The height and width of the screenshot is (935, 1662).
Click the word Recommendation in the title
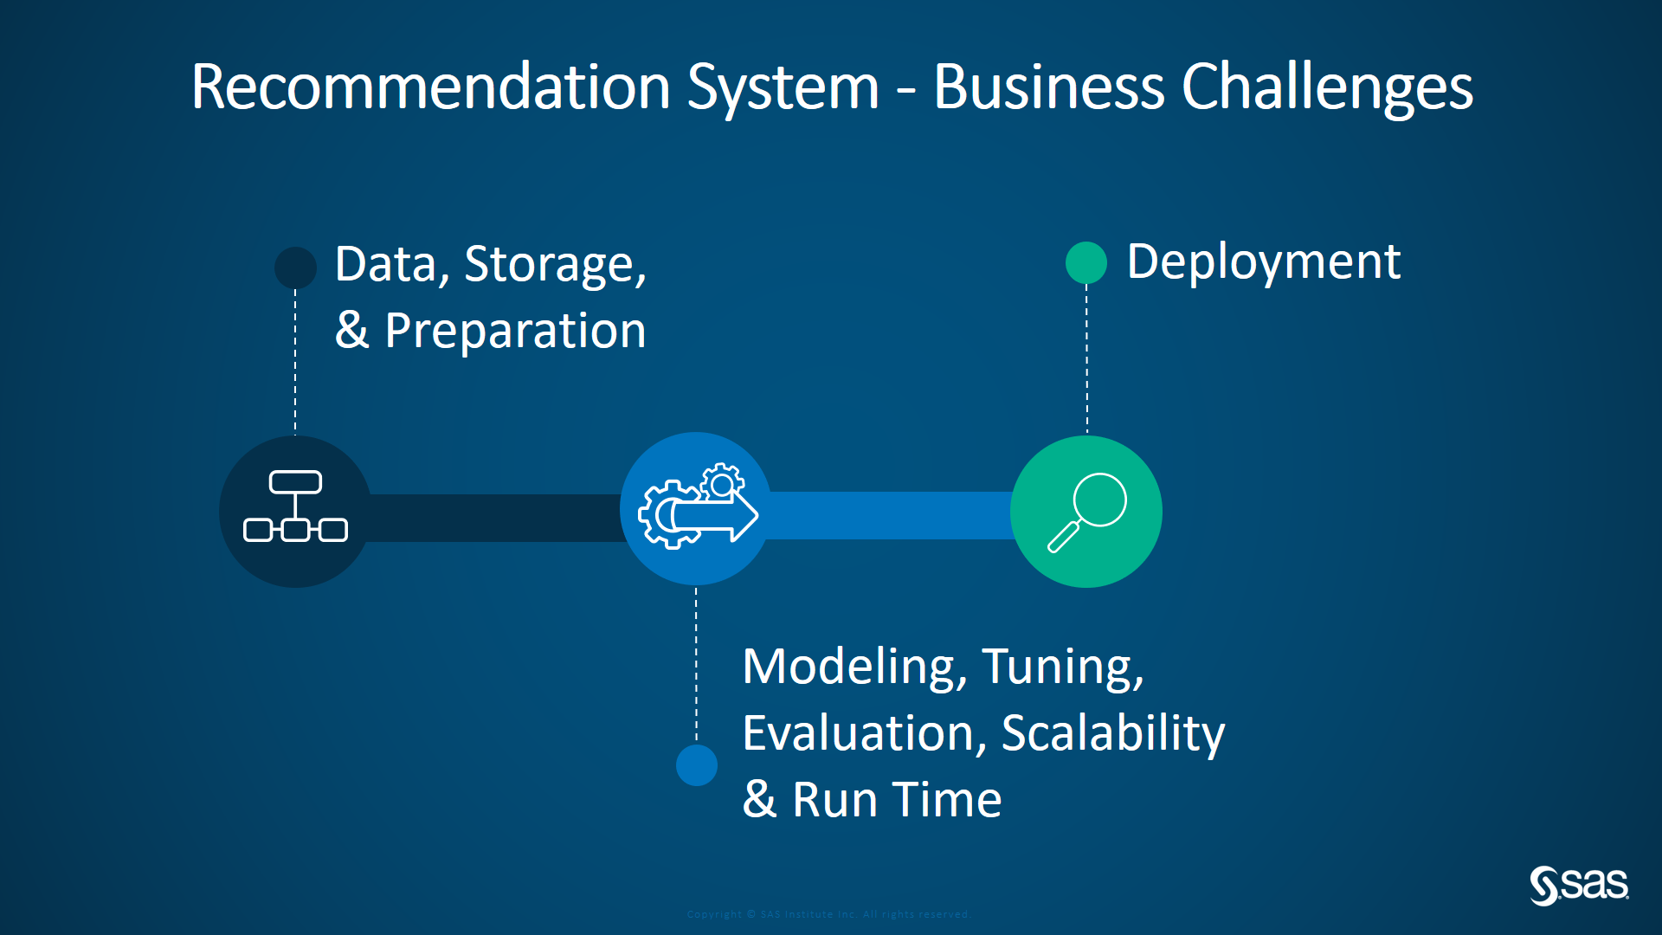(430, 87)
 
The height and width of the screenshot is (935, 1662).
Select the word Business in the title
(1048, 87)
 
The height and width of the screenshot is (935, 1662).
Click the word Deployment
(1263, 262)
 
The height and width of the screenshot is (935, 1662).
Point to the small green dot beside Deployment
(1085, 262)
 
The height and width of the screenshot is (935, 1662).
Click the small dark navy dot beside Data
(295, 267)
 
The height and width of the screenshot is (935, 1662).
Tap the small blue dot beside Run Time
(696, 764)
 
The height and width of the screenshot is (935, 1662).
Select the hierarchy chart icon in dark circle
(295, 507)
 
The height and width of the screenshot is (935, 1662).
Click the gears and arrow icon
(697, 508)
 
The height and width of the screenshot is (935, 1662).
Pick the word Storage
(554, 265)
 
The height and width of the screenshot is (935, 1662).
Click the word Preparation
(515, 332)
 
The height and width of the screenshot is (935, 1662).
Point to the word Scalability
(1112, 734)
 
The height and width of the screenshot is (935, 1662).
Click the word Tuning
(1061, 667)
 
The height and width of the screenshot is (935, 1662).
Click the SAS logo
(1578, 885)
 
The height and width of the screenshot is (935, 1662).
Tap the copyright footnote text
(828, 914)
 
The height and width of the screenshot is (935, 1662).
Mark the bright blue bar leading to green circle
(890, 515)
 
